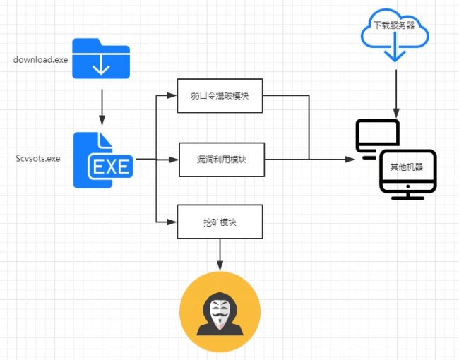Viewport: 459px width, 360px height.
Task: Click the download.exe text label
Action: point(41,59)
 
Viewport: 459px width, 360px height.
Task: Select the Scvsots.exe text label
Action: point(37,159)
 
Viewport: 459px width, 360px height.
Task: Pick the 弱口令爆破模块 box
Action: point(220,96)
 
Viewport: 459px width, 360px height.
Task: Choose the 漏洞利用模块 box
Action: point(221,160)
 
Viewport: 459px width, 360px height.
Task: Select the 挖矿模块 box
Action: point(220,222)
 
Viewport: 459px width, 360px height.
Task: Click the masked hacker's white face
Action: point(220,311)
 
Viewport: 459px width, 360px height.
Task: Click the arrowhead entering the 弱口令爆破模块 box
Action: point(174,96)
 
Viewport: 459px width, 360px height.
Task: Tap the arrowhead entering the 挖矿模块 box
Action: point(174,222)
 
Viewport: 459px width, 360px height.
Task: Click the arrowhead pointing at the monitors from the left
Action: point(350,160)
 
